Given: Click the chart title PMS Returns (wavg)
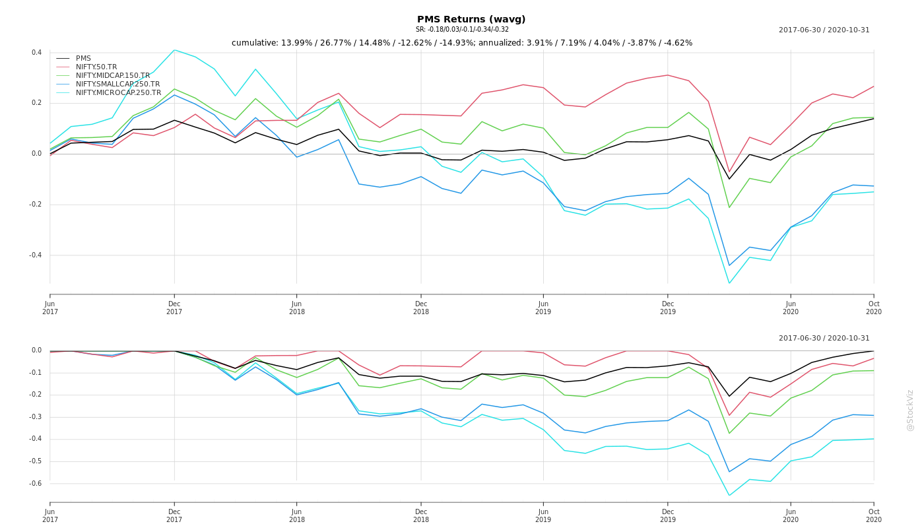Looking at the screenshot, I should pos(471,20).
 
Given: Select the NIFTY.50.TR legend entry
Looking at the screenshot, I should pos(96,67).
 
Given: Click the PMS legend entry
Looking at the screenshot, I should pos(83,59).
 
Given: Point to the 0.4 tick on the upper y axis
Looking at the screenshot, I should pos(37,53).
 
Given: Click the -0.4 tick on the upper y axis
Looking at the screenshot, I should pos(36,255).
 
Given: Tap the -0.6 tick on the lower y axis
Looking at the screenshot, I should pos(36,484).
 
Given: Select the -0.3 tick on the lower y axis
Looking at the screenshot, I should pos(36,417).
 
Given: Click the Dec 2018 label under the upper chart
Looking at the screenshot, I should pos(421,308).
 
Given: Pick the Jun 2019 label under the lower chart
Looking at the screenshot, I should pos(543,515).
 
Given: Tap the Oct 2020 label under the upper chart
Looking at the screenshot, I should pos(874,308).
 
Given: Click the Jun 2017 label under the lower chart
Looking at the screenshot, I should pos(50,515).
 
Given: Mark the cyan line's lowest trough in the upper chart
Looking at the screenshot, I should pos(729,283).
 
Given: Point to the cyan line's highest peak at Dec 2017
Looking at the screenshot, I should pos(174,50).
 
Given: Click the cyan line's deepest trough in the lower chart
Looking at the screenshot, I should pos(729,495).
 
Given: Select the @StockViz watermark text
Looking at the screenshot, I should pos(910,411).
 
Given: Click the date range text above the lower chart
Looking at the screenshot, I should pos(824,339).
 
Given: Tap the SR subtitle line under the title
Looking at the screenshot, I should pos(462,30).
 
